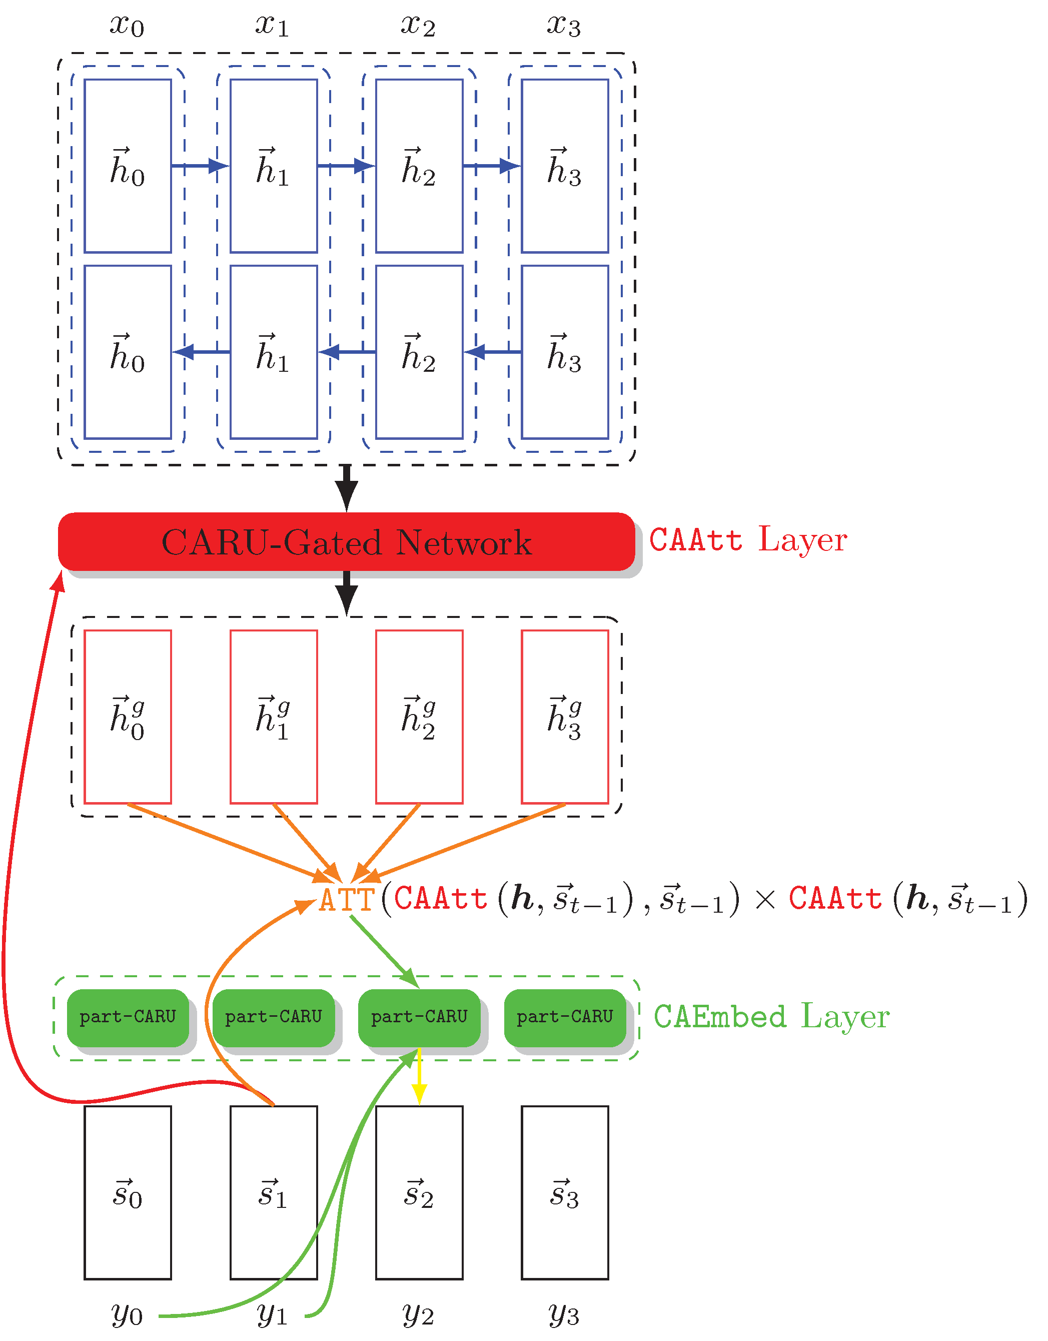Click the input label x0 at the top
[x=127, y=26]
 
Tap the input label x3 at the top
[x=564, y=26]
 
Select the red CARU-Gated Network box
[x=346, y=541]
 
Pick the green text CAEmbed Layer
[x=771, y=1016]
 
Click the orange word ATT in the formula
[x=347, y=900]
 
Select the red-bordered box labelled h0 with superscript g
[x=128, y=717]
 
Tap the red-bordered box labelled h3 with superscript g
[x=565, y=717]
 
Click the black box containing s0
[x=128, y=1193]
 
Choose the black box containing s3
[x=565, y=1193]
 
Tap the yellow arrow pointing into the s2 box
[x=419, y=1078]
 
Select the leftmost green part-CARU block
[x=128, y=1017]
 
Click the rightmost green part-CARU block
[x=565, y=1017]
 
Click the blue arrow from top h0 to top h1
[x=200, y=166]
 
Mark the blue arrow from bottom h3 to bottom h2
[x=492, y=352]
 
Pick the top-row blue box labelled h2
[x=419, y=166]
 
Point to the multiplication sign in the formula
[x=765, y=901]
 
